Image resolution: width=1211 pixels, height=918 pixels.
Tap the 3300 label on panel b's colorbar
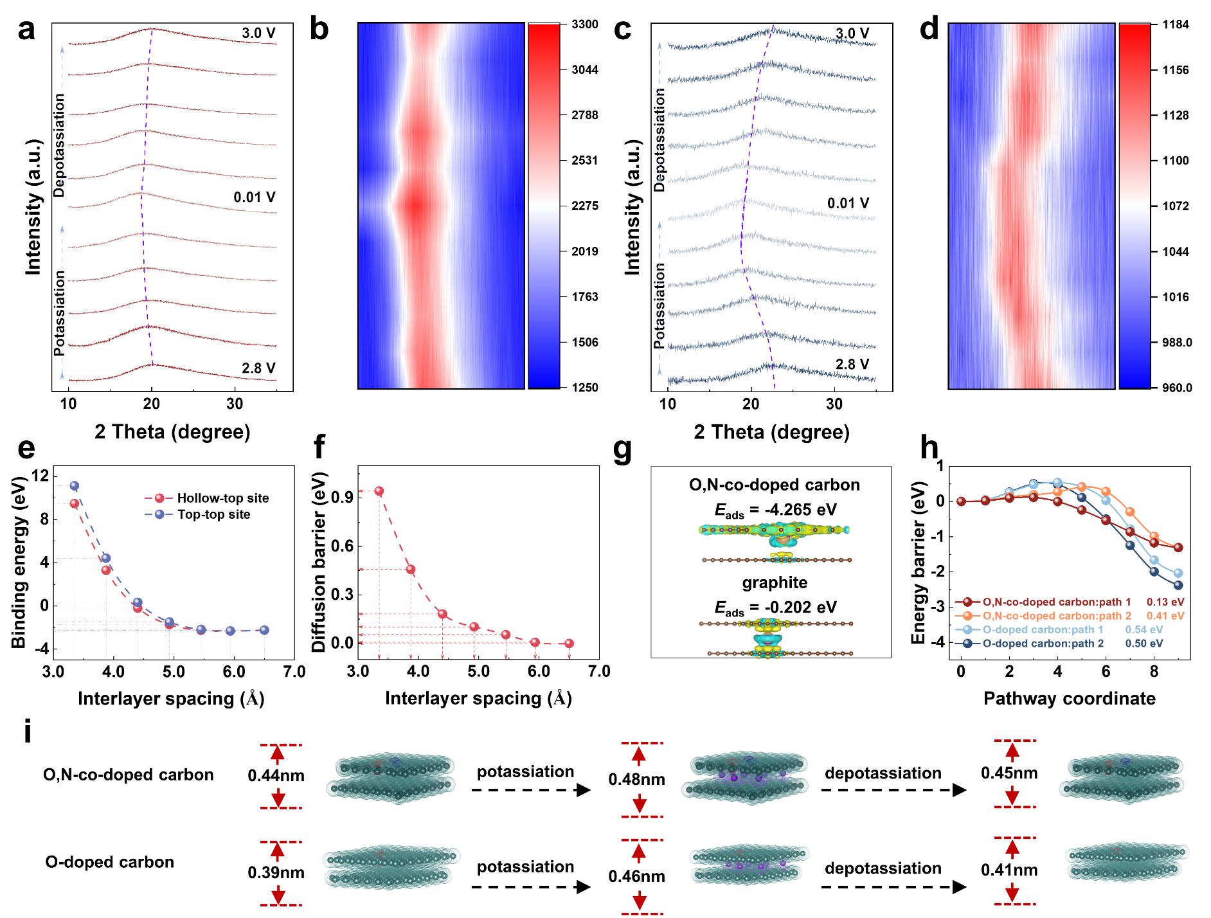[584, 24]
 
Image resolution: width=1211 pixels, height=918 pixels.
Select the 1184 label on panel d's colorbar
[1176, 24]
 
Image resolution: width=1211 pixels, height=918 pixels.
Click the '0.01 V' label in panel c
[848, 204]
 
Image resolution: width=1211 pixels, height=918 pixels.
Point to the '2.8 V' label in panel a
[258, 368]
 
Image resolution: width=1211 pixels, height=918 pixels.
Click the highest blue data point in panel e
[75, 486]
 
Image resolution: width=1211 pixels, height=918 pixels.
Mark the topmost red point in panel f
[379, 491]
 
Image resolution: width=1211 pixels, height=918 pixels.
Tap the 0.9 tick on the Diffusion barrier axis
[341, 498]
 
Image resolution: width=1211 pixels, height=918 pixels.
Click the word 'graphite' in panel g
[775, 582]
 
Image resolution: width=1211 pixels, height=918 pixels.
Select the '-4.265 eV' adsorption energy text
[801, 510]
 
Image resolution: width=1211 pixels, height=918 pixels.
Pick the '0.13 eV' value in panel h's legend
[1165, 602]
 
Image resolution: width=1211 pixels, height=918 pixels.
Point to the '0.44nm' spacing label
[276, 775]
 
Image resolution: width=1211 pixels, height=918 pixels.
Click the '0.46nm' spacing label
[636, 876]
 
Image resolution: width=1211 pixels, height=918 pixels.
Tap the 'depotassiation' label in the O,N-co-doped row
[883, 773]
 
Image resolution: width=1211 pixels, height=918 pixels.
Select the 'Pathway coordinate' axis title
[1069, 699]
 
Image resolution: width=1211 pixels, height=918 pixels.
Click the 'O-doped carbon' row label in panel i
[109, 862]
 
